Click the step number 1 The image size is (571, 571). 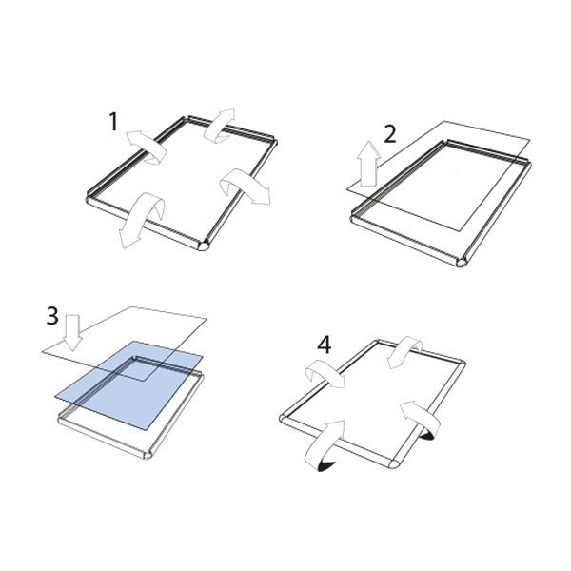tap(113, 121)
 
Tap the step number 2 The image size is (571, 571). tap(388, 133)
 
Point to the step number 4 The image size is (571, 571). tap(325, 345)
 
